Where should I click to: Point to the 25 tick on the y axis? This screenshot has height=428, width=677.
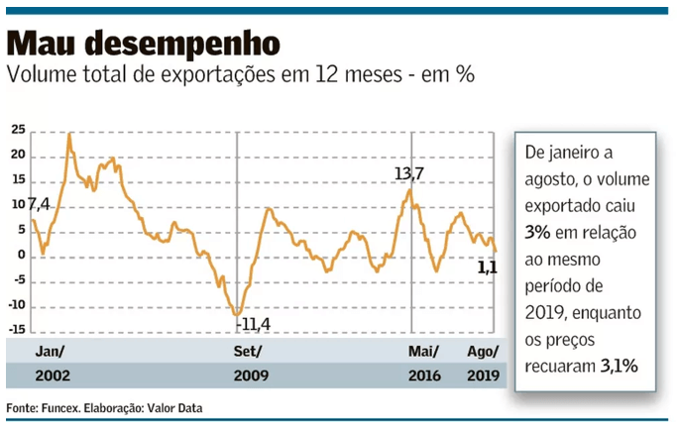pos(18,131)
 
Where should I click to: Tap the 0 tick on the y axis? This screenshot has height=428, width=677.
pos(21,256)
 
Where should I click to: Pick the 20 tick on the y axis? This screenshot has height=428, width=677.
pos(18,157)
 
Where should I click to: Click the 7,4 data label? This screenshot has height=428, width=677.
pos(39,205)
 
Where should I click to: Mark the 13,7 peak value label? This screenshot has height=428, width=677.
pos(408,174)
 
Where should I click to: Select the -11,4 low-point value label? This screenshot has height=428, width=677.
pos(257,323)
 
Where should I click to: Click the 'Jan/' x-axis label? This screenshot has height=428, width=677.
pos(50,352)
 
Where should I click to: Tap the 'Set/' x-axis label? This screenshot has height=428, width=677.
pos(248,352)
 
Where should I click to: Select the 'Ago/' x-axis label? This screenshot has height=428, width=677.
pos(484,352)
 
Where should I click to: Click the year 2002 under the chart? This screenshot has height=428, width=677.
pos(52,376)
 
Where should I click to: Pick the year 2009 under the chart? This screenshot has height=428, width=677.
pos(251,376)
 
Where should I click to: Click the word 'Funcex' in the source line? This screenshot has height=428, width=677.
pos(66,408)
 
